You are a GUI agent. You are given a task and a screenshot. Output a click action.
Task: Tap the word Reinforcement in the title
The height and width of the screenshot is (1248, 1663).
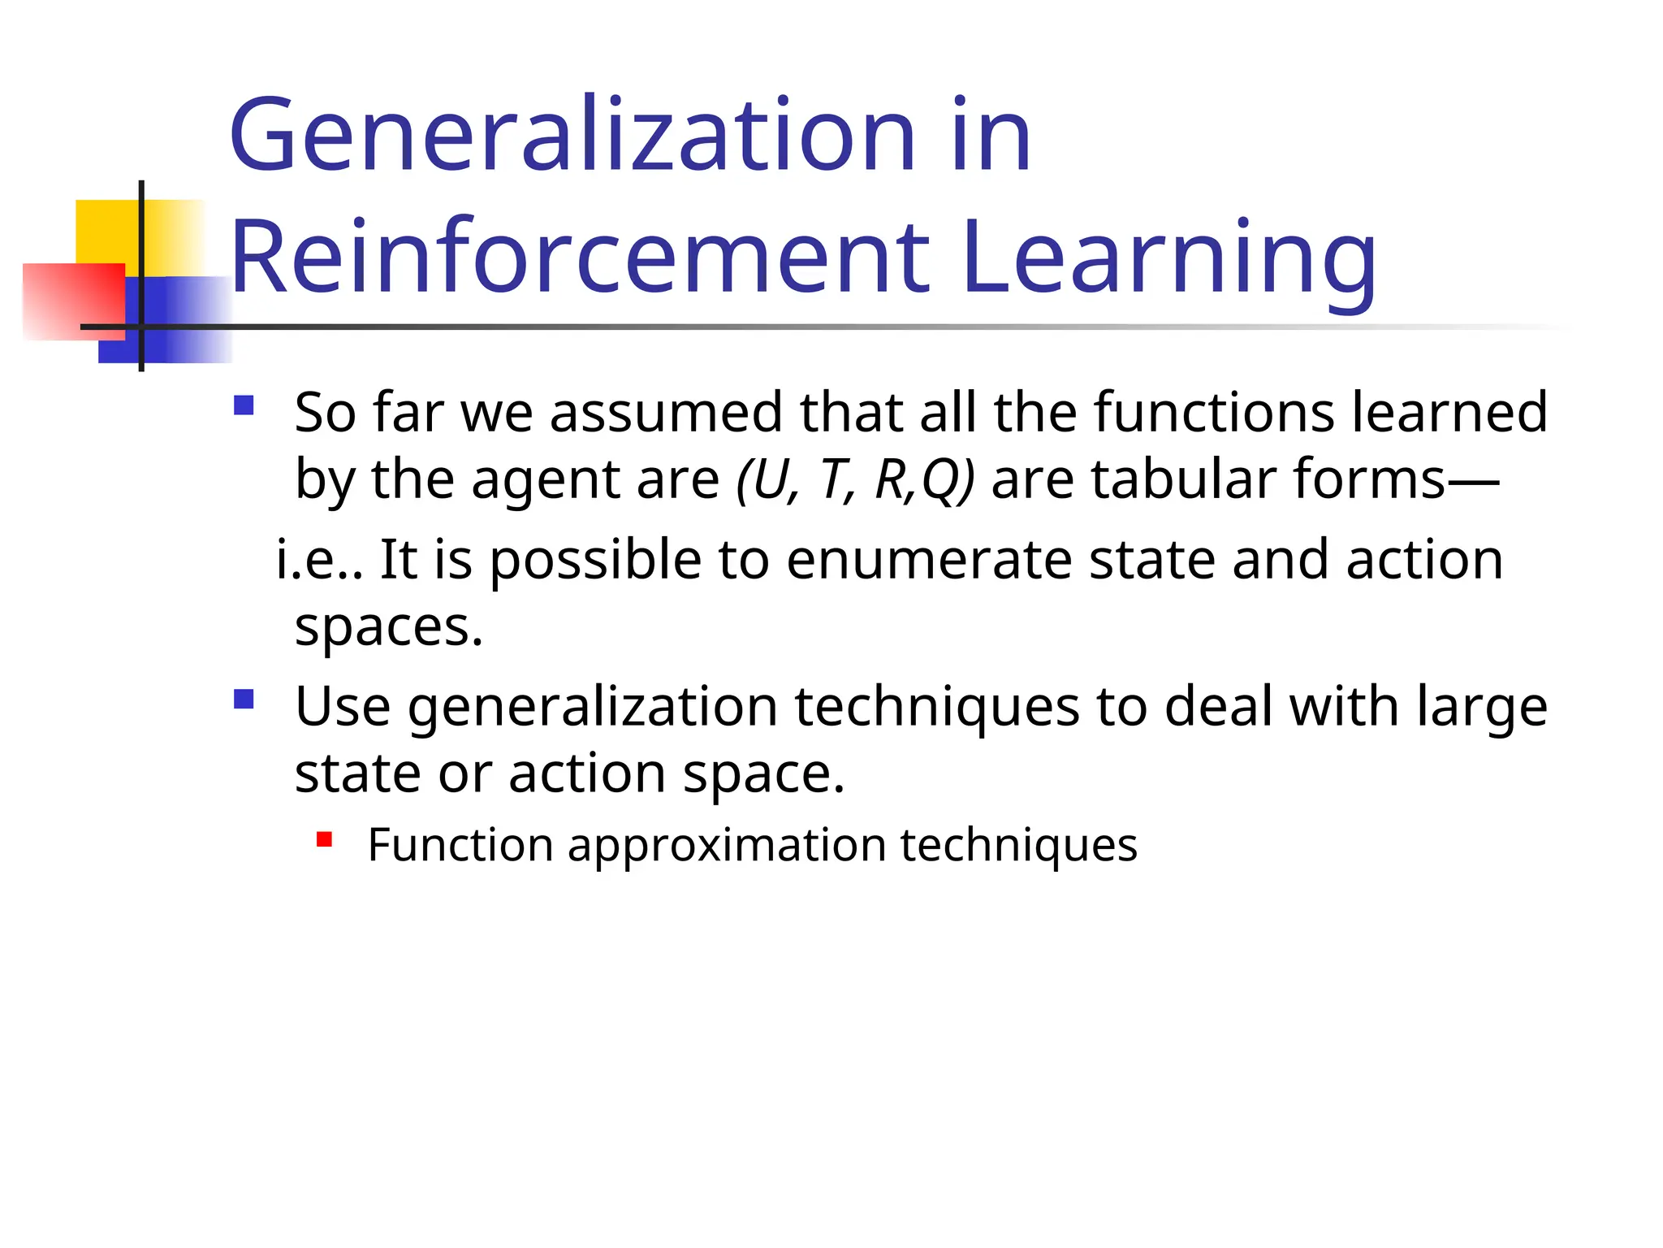[580, 258]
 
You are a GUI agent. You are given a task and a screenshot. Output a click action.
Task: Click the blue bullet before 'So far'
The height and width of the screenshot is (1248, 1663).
[244, 405]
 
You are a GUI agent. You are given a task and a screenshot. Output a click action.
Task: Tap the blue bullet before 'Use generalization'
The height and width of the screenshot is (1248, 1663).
[244, 699]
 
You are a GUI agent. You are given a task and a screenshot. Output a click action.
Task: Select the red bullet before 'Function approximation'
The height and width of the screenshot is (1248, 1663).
[325, 839]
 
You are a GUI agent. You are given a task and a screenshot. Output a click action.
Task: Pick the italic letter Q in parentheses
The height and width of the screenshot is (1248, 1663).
[942, 479]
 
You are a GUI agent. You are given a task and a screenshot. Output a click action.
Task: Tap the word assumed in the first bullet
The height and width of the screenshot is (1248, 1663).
[665, 413]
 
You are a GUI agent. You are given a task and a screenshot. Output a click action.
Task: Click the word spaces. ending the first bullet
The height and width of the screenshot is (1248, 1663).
[388, 627]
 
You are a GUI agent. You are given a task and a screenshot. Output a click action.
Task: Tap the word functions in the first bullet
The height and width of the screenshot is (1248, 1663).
[1213, 413]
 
